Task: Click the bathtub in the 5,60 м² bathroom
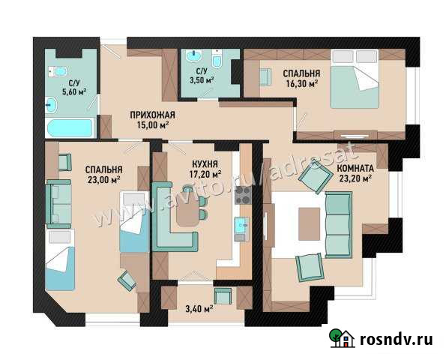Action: pos(70,127)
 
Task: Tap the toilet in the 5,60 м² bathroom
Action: pos(55,70)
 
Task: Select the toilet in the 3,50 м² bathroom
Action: pos(216,61)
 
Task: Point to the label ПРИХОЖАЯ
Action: pos(152,114)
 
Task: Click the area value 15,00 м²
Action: pos(152,124)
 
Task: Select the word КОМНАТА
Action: pos(356,168)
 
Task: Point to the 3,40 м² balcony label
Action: pos(197,307)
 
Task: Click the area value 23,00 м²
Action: pos(103,180)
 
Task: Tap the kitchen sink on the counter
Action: pos(242,224)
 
